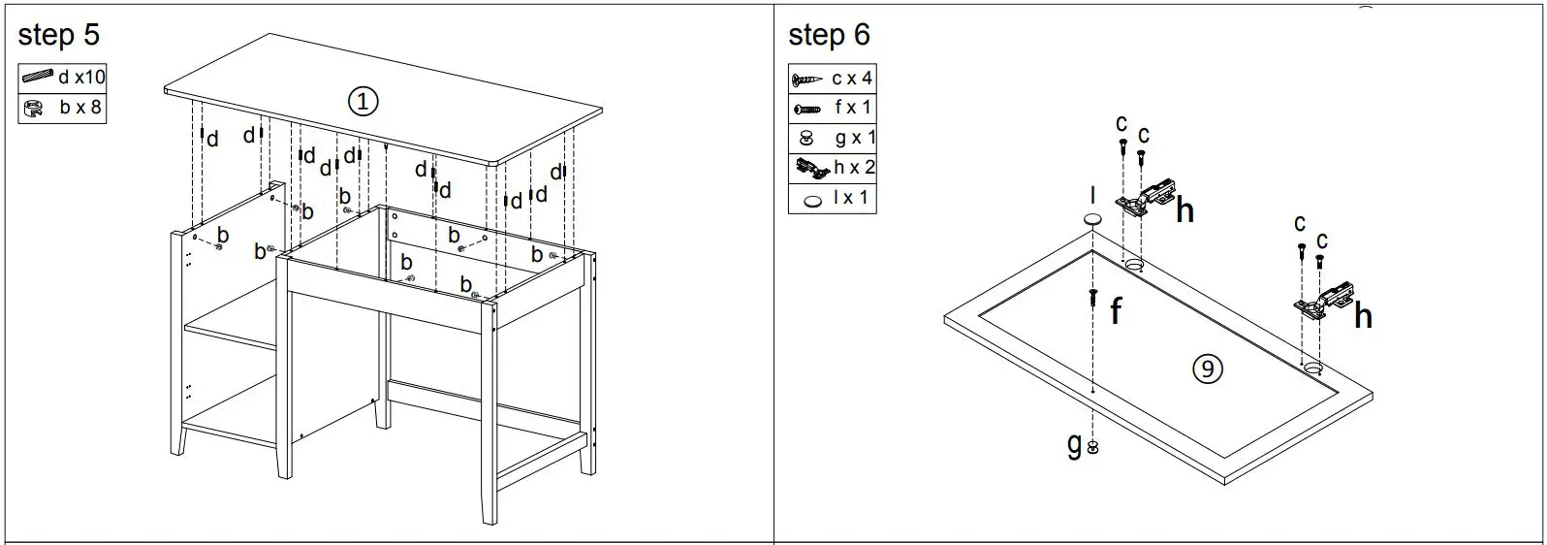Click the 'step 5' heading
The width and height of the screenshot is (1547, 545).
(58, 35)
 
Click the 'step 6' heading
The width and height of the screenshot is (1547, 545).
(829, 35)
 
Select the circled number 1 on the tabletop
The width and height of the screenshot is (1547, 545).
(363, 101)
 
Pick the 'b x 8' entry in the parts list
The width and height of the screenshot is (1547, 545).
(79, 108)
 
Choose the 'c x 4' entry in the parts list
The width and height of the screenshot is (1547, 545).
(852, 79)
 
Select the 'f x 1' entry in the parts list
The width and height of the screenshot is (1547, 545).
(853, 108)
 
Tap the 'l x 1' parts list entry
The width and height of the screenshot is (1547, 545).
(853, 198)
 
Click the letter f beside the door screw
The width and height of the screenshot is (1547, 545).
(1116, 311)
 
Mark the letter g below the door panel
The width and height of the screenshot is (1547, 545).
(1074, 445)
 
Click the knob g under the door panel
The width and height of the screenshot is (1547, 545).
(1093, 448)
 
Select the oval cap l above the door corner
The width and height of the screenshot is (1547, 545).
(1091, 220)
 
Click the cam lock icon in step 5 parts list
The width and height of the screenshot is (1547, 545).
(34, 108)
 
